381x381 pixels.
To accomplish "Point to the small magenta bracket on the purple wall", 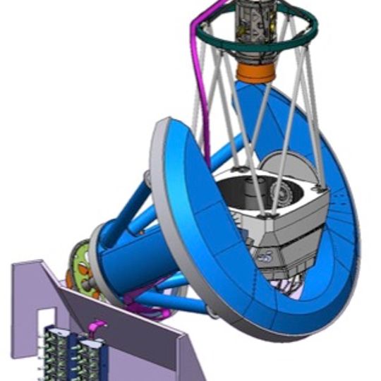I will point(98,326).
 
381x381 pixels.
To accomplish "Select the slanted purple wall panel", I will point(127,332).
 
